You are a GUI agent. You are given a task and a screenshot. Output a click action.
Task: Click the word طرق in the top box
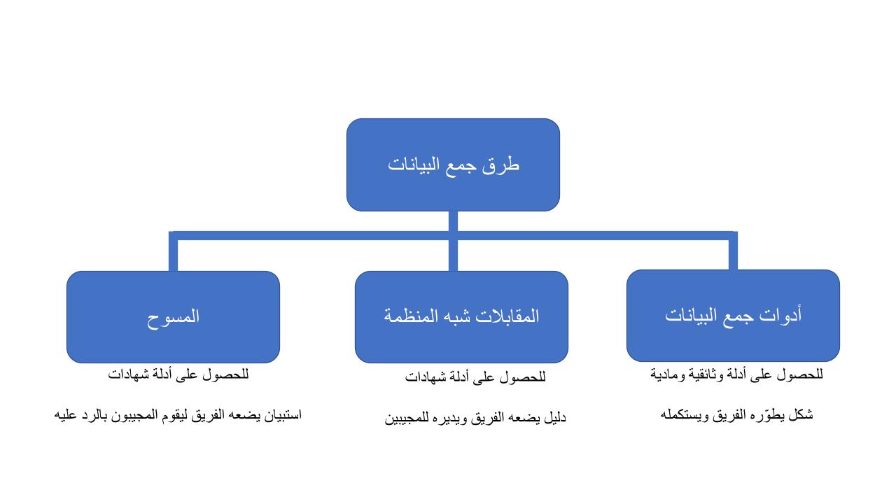[x=500, y=164]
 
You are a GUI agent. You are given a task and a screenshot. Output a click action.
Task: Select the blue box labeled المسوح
[x=173, y=317]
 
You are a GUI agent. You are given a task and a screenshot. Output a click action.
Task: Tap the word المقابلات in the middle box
[x=510, y=316]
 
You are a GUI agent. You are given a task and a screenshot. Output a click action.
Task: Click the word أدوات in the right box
[x=780, y=315]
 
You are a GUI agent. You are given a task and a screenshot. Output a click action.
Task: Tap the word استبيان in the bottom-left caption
[x=283, y=415]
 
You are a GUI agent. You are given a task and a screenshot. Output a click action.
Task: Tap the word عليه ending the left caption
[x=65, y=415]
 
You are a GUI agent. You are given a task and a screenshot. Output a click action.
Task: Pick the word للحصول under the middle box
[x=522, y=377]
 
